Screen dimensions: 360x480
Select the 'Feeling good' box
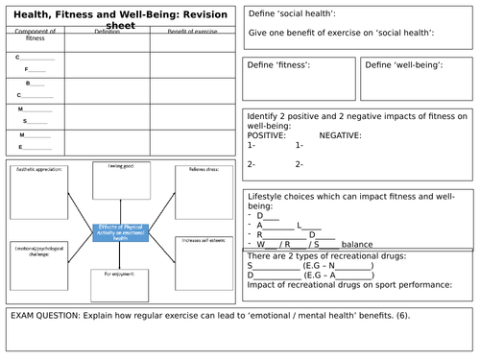coord(120,179)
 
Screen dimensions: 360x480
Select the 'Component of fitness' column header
coord(36,35)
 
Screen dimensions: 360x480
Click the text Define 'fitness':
coord(280,65)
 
